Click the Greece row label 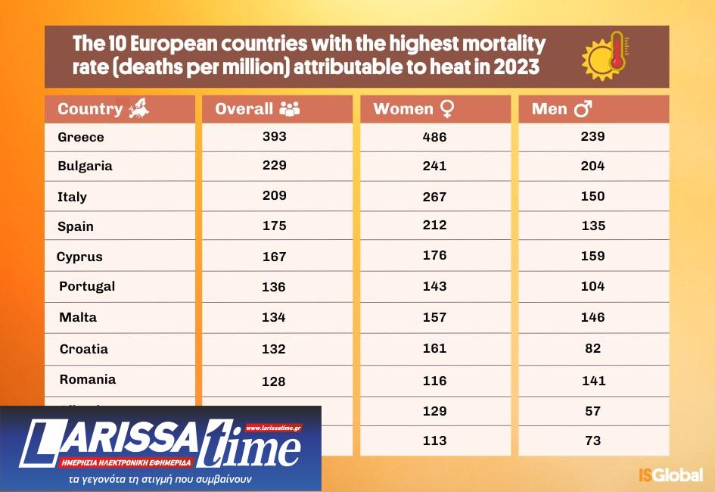coord(81,137)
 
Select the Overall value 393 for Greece coord(275,137)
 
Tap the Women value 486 coord(434,137)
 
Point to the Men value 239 coord(592,137)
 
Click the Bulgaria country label coord(85,166)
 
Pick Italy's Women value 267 coord(434,197)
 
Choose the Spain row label coord(76,226)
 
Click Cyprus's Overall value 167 coord(274,257)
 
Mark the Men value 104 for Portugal coord(592,286)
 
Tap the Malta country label coord(78,317)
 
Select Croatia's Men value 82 coord(592,348)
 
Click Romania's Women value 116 coord(434,380)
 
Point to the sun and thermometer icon coord(606,56)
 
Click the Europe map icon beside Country coord(138,108)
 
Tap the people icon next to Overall coord(290,108)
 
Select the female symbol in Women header coord(446,109)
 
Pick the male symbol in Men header coord(583,109)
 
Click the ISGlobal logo coord(670,475)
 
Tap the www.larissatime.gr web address coord(273,428)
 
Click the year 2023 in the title coord(517,67)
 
